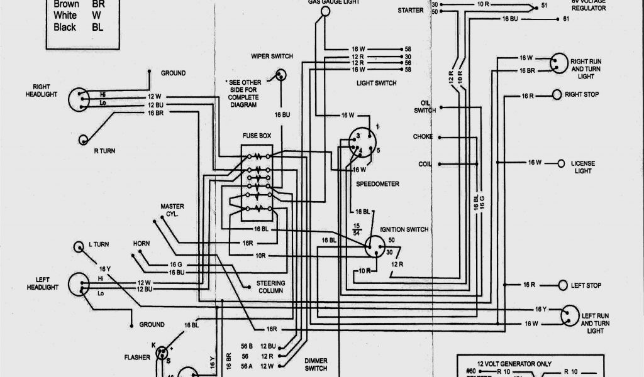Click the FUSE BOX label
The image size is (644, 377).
[x=257, y=136]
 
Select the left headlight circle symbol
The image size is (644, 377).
[x=78, y=286]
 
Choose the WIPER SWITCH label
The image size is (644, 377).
[x=272, y=57]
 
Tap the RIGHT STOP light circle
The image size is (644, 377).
[x=557, y=95]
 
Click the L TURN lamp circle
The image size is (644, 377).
[x=79, y=246]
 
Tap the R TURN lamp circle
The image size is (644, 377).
[x=83, y=139]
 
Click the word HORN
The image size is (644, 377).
[x=141, y=243]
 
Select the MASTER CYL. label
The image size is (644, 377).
[x=172, y=209]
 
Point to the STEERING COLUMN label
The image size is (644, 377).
[x=270, y=287]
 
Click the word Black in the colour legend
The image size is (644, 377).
[x=65, y=27]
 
